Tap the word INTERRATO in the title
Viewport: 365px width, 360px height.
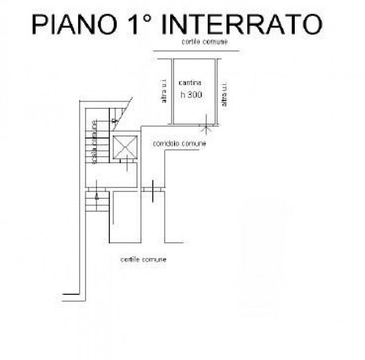point(245,25)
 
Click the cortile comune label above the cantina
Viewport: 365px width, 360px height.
point(204,43)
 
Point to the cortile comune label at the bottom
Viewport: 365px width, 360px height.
point(143,259)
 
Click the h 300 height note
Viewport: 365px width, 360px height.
point(191,95)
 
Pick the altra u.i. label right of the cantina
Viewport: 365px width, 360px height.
point(225,94)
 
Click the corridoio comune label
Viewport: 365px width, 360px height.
point(179,144)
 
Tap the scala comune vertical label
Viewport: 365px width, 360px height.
point(94,141)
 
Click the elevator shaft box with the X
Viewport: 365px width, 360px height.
point(125,148)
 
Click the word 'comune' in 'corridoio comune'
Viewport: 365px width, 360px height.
point(193,144)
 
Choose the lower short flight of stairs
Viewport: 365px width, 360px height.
point(97,202)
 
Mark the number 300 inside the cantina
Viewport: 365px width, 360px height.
point(194,95)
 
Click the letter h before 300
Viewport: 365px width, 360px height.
point(182,95)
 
